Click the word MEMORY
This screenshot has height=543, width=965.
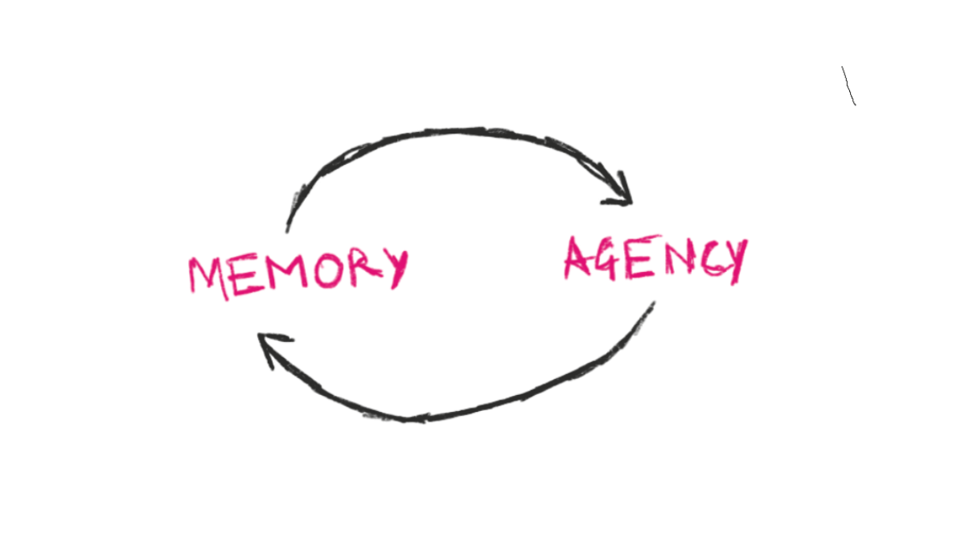click(298, 274)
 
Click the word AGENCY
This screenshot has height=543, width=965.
click(656, 259)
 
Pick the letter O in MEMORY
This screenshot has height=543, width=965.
click(330, 270)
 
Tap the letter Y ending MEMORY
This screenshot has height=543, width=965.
click(396, 269)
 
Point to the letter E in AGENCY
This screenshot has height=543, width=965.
click(643, 257)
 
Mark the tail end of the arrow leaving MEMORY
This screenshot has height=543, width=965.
click(287, 232)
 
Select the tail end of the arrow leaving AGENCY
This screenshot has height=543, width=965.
click(654, 302)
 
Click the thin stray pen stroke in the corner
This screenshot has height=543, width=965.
click(848, 86)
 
